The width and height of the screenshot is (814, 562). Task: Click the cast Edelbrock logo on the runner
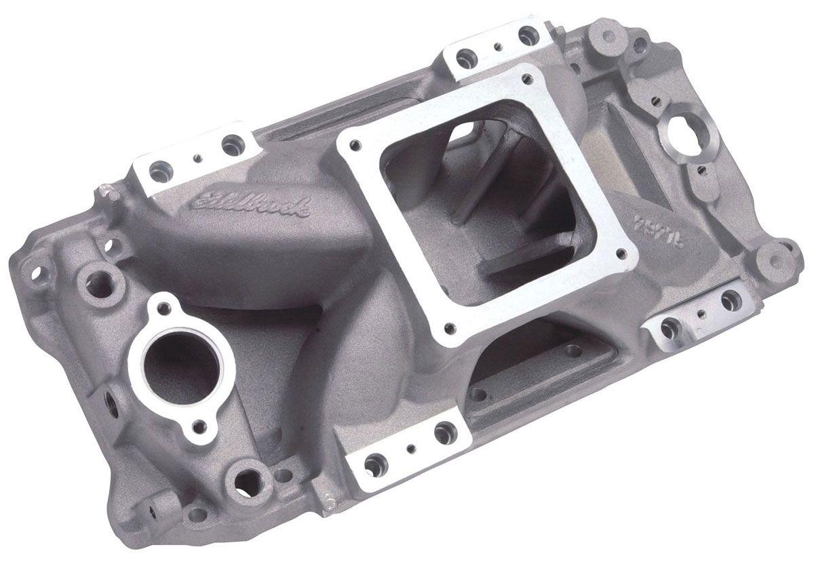(x=251, y=201)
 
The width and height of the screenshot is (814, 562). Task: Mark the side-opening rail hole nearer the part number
(x=573, y=350)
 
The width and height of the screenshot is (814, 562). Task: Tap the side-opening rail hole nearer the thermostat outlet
(x=479, y=393)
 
